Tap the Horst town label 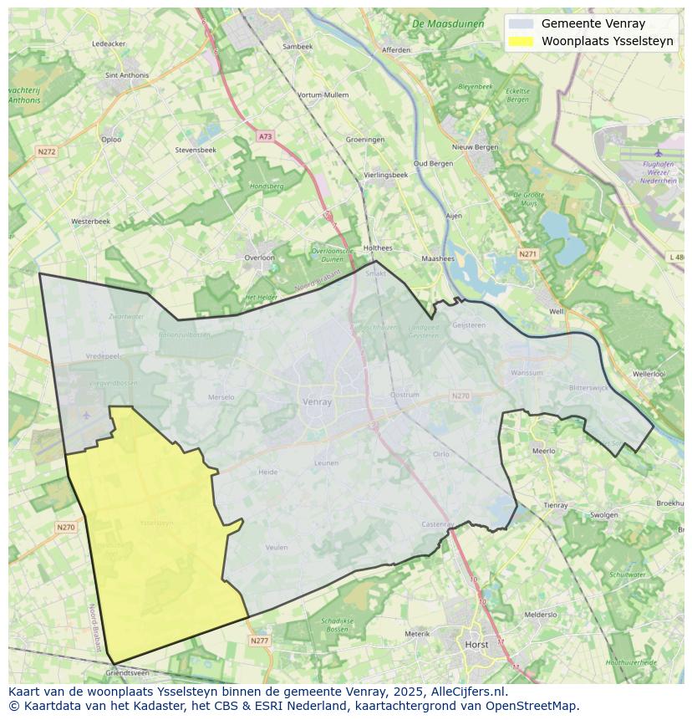click(476, 645)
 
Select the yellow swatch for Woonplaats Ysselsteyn click(520, 41)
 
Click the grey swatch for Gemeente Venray click(520, 23)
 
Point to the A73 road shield click(265, 136)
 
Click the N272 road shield click(46, 151)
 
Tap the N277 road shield click(259, 641)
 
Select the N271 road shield click(527, 253)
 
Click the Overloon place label click(259, 258)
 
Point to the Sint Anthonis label click(127, 75)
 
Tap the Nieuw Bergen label click(475, 147)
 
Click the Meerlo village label click(543, 451)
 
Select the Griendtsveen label click(127, 672)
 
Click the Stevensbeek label click(196, 150)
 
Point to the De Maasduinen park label click(448, 24)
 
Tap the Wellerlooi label click(649, 374)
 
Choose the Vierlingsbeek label click(386, 175)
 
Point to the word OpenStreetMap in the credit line click(537, 706)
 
